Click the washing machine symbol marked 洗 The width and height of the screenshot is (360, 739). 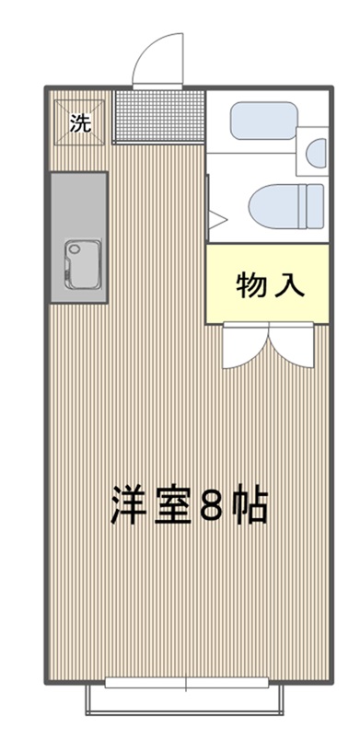pyautogui.click(x=80, y=123)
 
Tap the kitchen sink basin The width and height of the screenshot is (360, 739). pyautogui.click(x=83, y=264)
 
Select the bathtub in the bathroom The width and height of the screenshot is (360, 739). pyautogui.click(x=263, y=121)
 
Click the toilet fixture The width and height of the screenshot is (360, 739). pyautogui.click(x=286, y=206)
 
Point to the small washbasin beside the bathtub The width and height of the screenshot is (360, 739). pyautogui.click(x=316, y=152)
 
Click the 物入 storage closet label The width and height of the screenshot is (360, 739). pyautogui.click(x=270, y=284)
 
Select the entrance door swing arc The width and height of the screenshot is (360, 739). pyautogui.click(x=146, y=49)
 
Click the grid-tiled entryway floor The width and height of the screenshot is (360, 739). pyautogui.click(x=160, y=116)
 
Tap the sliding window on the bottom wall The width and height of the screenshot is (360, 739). pyautogui.click(x=186, y=682)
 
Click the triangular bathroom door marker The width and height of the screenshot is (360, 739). pyautogui.click(x=218, y=220)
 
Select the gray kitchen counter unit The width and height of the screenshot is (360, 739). pyautogui.click(x=79, y=237)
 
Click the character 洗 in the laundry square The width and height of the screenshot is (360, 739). pyautogui.click(x=80, y=123)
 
